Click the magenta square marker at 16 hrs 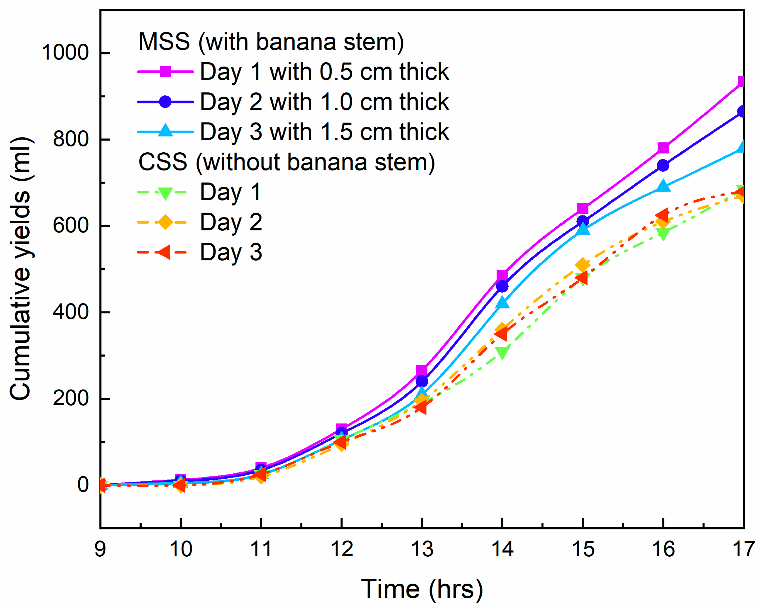coord(663,148)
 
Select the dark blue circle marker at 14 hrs coord(502,286)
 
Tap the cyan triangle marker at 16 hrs coord(663,186)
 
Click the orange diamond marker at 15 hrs coord(583,265)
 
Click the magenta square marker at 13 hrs coord(422,371)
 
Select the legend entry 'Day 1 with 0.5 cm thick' coord(324,72)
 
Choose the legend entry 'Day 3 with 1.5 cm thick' coord(324,132)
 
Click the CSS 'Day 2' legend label coord(231,222)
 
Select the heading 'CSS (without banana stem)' coord(287,162)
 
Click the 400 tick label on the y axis coord(70,312)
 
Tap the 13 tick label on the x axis coord(422,549)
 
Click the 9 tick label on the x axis coord(100,549)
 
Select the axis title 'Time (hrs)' coord(422,589)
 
